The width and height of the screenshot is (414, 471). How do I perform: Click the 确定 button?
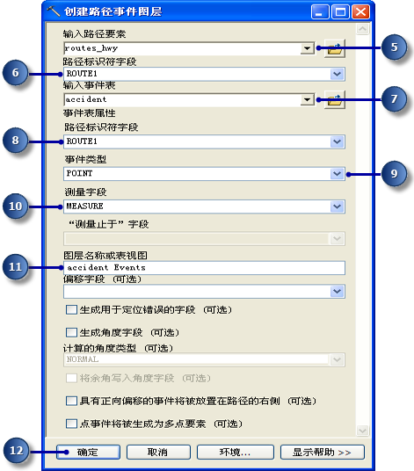(88, 452)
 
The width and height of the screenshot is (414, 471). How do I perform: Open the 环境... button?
(236, 452)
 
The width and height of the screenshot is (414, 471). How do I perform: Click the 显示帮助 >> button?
(323, 452)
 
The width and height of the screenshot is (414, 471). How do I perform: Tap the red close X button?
(360, 12)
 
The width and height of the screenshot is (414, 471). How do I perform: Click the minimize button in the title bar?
(320, 12)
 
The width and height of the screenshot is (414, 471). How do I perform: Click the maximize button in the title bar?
(340, 12)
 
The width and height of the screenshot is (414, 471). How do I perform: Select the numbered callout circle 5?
(394, 47)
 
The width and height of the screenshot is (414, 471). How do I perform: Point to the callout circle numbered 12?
(16, 451)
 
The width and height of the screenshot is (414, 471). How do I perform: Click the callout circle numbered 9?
(394, 174)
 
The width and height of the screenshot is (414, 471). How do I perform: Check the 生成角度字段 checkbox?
(71, 332)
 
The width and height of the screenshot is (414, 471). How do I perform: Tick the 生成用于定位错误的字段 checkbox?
(71, 309)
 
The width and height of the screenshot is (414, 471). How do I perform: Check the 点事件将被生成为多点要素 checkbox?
(71, 424)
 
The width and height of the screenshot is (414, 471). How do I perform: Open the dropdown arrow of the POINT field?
(337, 174)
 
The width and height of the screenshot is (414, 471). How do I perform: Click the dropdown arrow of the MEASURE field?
(337, 207)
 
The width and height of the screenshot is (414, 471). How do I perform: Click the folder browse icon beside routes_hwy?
(335, 48)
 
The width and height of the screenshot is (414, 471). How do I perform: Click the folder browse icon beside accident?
(335, 99)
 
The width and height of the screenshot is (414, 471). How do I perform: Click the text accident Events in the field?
(106, 267)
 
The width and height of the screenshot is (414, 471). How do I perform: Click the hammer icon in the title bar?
(54, 11)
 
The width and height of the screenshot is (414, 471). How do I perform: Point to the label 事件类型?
(85, 159)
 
